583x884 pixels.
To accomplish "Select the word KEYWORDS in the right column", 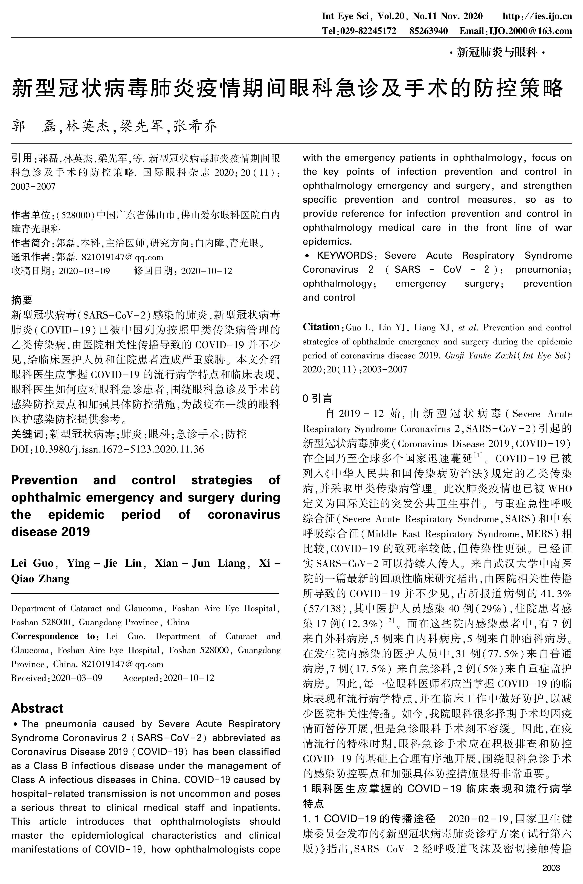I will coord(345,256).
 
